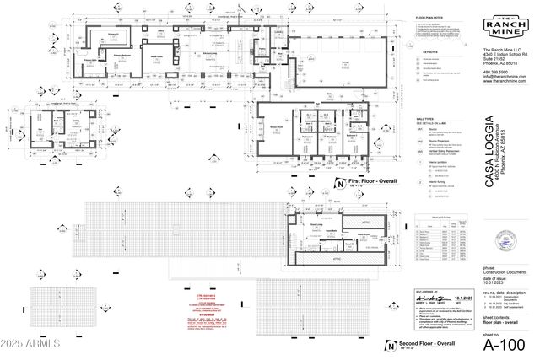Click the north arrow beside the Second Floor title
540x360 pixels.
[x=390, y=346]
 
